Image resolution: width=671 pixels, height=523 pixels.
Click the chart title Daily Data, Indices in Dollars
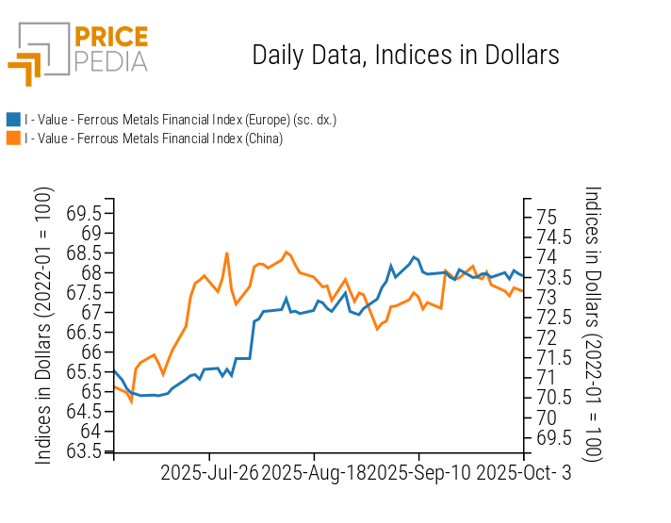(x=405, y=55)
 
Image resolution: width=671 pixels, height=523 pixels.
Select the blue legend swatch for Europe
(x=13, y=120)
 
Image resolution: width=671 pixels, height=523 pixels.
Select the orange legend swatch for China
(x=13, y=139)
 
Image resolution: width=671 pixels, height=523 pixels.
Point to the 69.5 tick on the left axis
(x=85, y=212)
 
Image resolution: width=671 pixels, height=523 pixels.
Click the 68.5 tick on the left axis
(x=85, y=253)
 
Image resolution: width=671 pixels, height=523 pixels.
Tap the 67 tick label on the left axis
(x=90, y=312)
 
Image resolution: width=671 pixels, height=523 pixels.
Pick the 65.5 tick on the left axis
(x=85, y=371)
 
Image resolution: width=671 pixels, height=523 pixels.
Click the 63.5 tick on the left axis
(x=85, y=451)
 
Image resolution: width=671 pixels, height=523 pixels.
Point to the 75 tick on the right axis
(x=546, y=217)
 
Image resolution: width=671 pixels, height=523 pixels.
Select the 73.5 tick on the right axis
(x=552, y=277)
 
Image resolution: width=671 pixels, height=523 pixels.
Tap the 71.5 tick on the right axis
(x=552, y=357)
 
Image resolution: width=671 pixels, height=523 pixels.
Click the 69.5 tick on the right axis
(x=552, y=437)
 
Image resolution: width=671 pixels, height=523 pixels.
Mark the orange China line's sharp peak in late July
(x=227, y=253)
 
